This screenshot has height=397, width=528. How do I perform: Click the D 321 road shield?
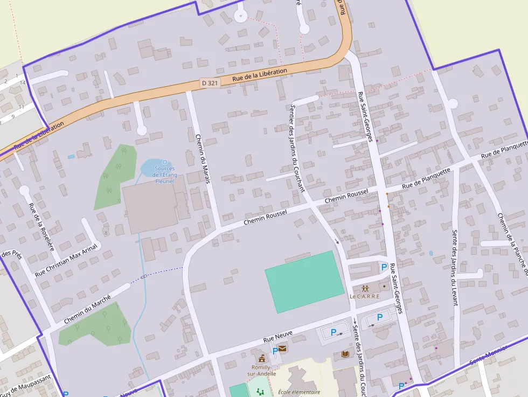[x=210, y=83]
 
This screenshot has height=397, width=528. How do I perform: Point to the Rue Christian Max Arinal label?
[x=66, y=260]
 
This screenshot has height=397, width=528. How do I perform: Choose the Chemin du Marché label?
[x=87, y=309]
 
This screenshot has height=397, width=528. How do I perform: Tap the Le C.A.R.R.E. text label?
[x=365, y=296]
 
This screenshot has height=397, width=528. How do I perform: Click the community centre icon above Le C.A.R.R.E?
[x=365, y=288]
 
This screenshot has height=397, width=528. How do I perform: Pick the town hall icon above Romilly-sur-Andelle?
[x=262, y=358]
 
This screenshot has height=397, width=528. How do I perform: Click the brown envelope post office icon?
[x=282, y=349]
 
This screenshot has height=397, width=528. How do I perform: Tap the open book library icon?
[x=345, y=354]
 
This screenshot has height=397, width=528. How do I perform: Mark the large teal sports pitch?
[x=304, y=281]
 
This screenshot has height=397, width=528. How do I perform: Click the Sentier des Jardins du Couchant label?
[x=297, y=148]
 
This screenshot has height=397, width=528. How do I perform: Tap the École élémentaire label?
[x=299, y=392]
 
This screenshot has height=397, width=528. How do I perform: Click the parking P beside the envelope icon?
[x=275, y=351]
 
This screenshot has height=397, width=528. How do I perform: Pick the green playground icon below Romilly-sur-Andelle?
[x=261, y=393]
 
